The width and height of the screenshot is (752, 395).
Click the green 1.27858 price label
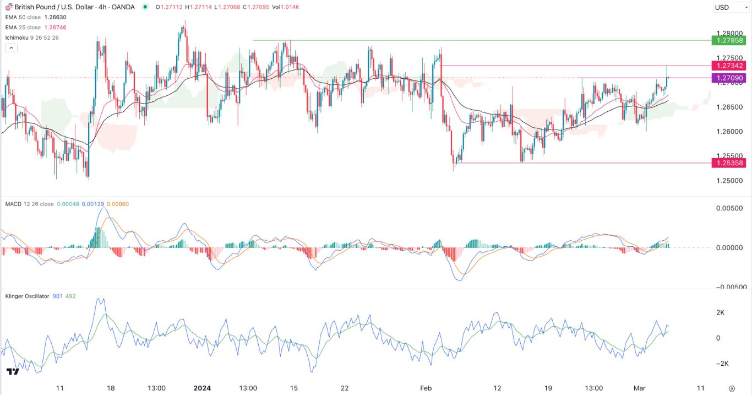[x=729, y=40]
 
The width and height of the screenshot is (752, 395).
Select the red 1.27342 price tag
[x=729, y=66]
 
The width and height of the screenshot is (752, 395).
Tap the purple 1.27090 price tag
[x=729, y=78]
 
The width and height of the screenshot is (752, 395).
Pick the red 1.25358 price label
[x=729, y=163]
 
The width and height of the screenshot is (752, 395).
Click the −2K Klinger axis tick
[x=721, y=364]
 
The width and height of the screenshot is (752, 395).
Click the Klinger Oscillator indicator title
[x=27, y=296]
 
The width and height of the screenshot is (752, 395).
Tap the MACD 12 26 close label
[x=30, y=204]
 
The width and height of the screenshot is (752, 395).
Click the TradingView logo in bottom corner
[x=12, y=372]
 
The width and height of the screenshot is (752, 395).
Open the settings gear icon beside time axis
[x=731, y=388]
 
